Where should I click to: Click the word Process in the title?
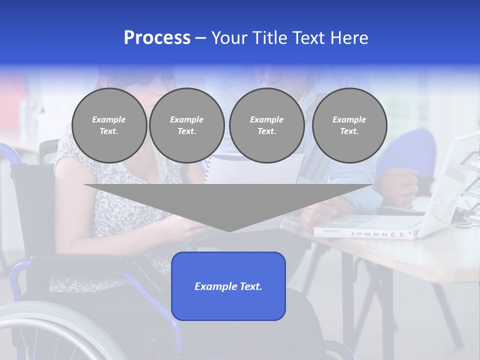[157, 38]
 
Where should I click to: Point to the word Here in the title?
[349, 38]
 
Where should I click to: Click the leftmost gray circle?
[109, 125]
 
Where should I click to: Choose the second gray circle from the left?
[186, 125]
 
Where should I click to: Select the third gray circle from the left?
[266, 125]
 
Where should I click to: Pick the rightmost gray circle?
[349, 125]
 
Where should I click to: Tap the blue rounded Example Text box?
[228, 286]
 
